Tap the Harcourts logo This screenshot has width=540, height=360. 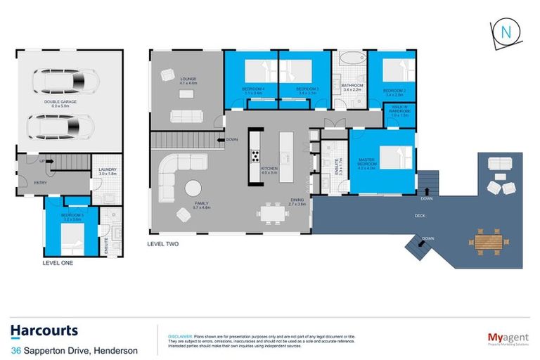[44, 331]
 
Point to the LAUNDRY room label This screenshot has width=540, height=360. [108, 171]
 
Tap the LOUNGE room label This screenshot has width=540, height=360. [187, 81]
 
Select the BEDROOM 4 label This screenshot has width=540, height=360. [251, 90]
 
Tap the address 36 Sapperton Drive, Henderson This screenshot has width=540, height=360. [75, 351]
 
